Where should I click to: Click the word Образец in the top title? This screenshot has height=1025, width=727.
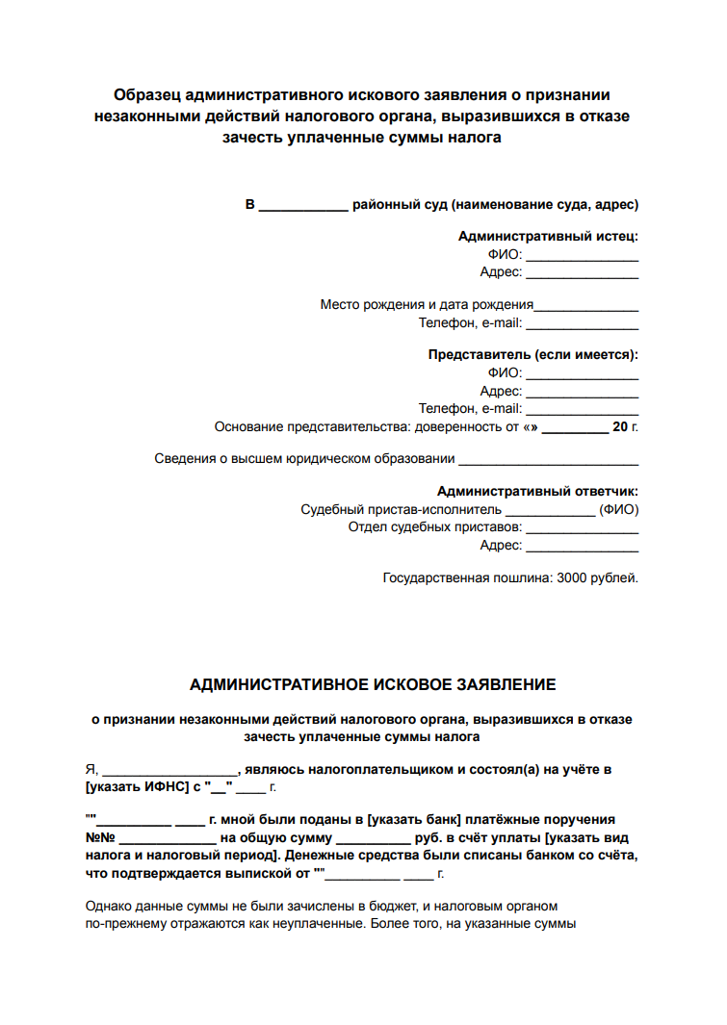[x=145, y=95]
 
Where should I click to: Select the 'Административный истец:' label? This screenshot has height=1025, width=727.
[x=548, y=236]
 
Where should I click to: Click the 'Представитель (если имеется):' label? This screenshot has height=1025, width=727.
[x=533, y=354]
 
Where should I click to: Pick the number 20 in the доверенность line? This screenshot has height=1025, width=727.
[x=620, y=426]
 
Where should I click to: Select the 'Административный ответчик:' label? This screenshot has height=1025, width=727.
[x=537, y=491]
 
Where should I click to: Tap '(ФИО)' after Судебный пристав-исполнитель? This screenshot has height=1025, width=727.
[x=618, y=509]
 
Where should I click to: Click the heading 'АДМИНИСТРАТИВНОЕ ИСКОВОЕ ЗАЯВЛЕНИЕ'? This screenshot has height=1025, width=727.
[x=373, y=685]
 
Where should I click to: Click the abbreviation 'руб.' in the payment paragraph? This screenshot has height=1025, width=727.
[x=428, y=837]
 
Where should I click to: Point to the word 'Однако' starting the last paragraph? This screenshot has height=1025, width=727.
[x=108, y=907]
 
